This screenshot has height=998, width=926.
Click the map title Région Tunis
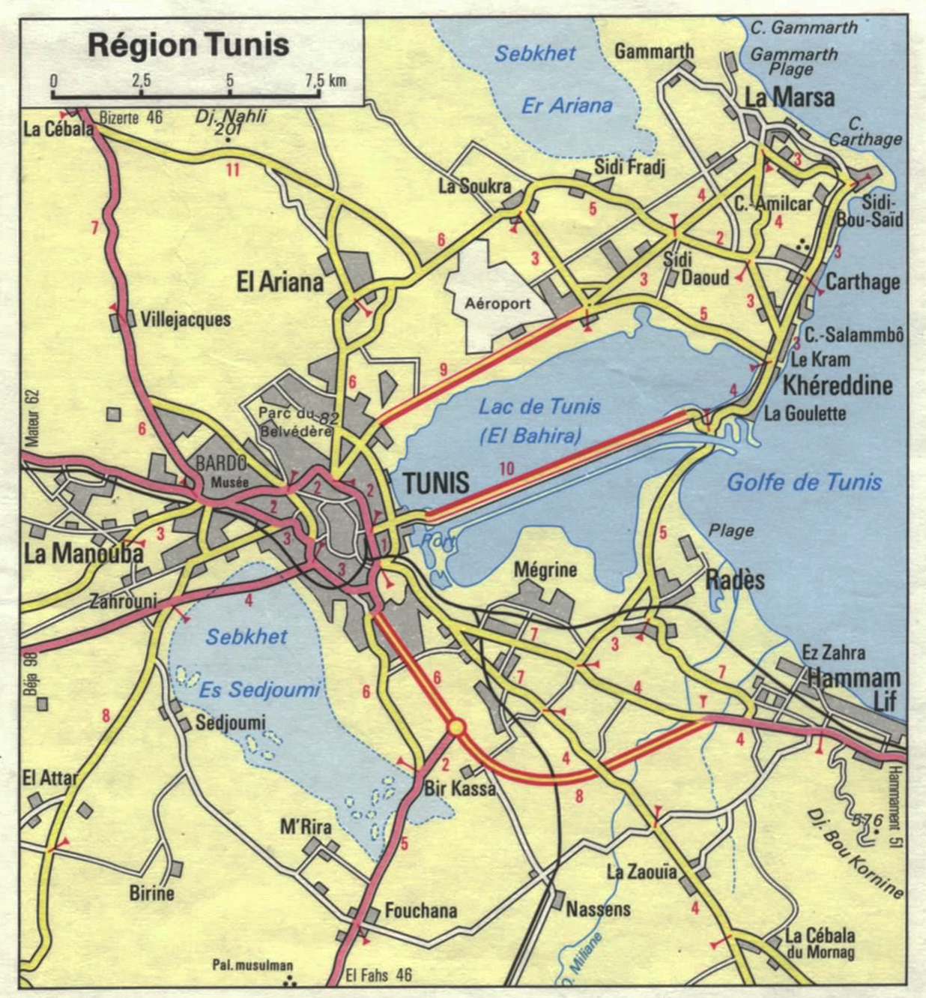[x=189, y=45]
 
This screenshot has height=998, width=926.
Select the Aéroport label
[x=497, y=304]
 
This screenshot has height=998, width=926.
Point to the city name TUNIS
[x=436, y=483]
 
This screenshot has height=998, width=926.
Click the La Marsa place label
[x=789, y=97]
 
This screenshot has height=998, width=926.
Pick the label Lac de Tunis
[x=539, y=407]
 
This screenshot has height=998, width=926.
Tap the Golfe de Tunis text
[x=804, y=482]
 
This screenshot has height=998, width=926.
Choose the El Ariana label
[x=280, y=283]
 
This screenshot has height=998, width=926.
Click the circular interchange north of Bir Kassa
[x=456, y=727]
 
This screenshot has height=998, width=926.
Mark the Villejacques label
[x=185, y=319]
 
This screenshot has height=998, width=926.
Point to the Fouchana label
[x=420, y=910]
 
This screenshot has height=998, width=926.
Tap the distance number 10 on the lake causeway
[x=506, y=469]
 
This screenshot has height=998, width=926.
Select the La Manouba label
[x=83, y=553]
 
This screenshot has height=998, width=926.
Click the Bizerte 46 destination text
[x=131, y=117]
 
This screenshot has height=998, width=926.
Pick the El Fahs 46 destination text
[x=379, y=976]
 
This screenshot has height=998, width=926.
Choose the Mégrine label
[x=545, y=570]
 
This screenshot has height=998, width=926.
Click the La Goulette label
[x=805, y=413]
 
